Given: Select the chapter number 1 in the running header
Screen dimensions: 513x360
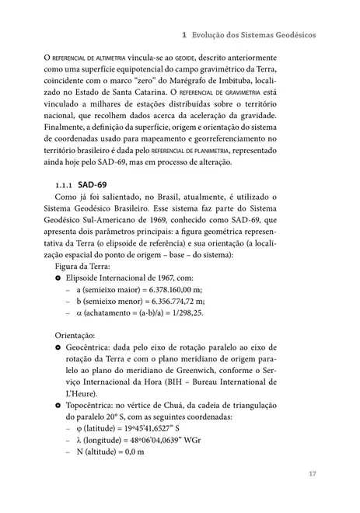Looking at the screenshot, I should click(x=182, y=36).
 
